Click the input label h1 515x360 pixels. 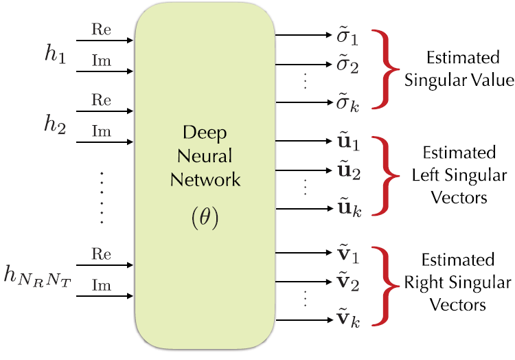coord(55,56)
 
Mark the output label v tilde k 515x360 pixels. coord(345,317)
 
